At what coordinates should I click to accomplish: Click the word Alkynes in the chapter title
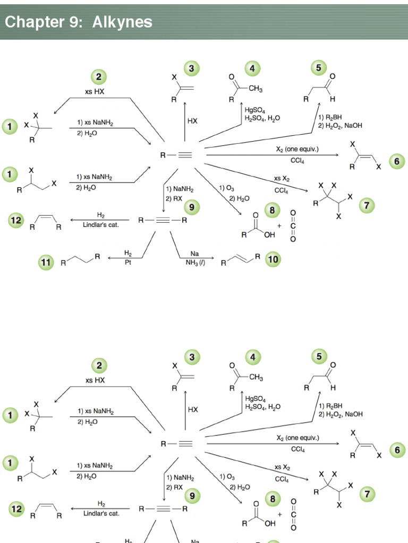pos(122,22)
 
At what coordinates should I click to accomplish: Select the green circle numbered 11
pos(47,261)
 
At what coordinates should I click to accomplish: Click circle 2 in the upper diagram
pos(98,77)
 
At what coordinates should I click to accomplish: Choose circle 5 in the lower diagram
pos(319,356)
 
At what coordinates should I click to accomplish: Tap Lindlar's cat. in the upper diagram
pos(100,225)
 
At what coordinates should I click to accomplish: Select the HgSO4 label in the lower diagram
pos(256,399)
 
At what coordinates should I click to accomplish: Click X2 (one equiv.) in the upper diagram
pos(297,150)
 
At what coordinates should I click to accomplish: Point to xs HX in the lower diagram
pos(95,380)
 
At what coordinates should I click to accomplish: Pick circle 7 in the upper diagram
pos(367,205)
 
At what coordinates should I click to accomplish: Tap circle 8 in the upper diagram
pos(273,210)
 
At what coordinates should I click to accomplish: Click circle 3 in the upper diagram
pos(192,68)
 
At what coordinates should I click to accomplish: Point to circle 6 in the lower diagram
pos(397,450)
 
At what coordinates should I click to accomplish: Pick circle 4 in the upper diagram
pos(253,68)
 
